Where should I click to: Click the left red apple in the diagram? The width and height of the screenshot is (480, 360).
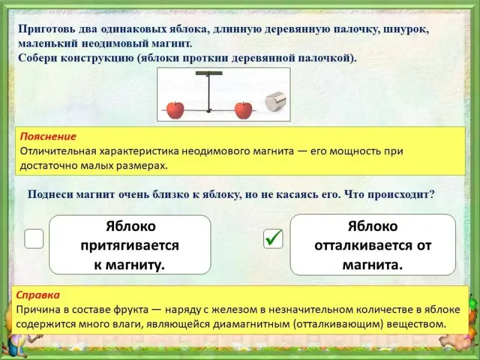[175, 110]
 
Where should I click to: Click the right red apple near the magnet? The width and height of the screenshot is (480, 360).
[244, 110]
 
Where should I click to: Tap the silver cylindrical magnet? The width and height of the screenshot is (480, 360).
[275, 101]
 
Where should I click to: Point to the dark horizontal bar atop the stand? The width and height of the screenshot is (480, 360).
[209, 73]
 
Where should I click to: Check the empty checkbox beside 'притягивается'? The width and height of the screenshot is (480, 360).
[34, 238]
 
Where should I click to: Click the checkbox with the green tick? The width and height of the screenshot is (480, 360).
[273, 238]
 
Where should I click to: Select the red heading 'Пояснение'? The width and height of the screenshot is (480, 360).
[48, 136]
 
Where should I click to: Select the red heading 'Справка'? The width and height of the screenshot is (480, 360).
[38, 295]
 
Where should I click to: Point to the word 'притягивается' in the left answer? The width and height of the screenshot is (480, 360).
[130, 245]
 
